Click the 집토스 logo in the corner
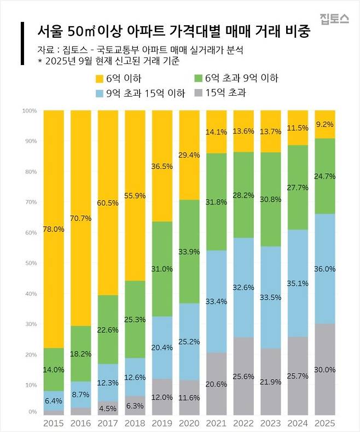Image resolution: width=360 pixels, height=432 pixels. click(x=334, y=18)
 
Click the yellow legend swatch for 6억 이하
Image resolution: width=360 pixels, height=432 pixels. click(x=100, y=78)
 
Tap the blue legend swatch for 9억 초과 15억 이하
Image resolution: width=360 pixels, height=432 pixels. click(x=100, y=93)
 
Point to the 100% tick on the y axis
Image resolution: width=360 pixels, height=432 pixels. click(x=29, y=111)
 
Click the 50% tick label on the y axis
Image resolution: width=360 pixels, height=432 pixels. click(x=30, y=264)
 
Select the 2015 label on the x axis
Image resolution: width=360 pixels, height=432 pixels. click(x=54, y=424)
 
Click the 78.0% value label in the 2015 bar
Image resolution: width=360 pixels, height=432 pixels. click(x=54, y=230)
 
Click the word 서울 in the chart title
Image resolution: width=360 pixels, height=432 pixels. click(x=44, y=32)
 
